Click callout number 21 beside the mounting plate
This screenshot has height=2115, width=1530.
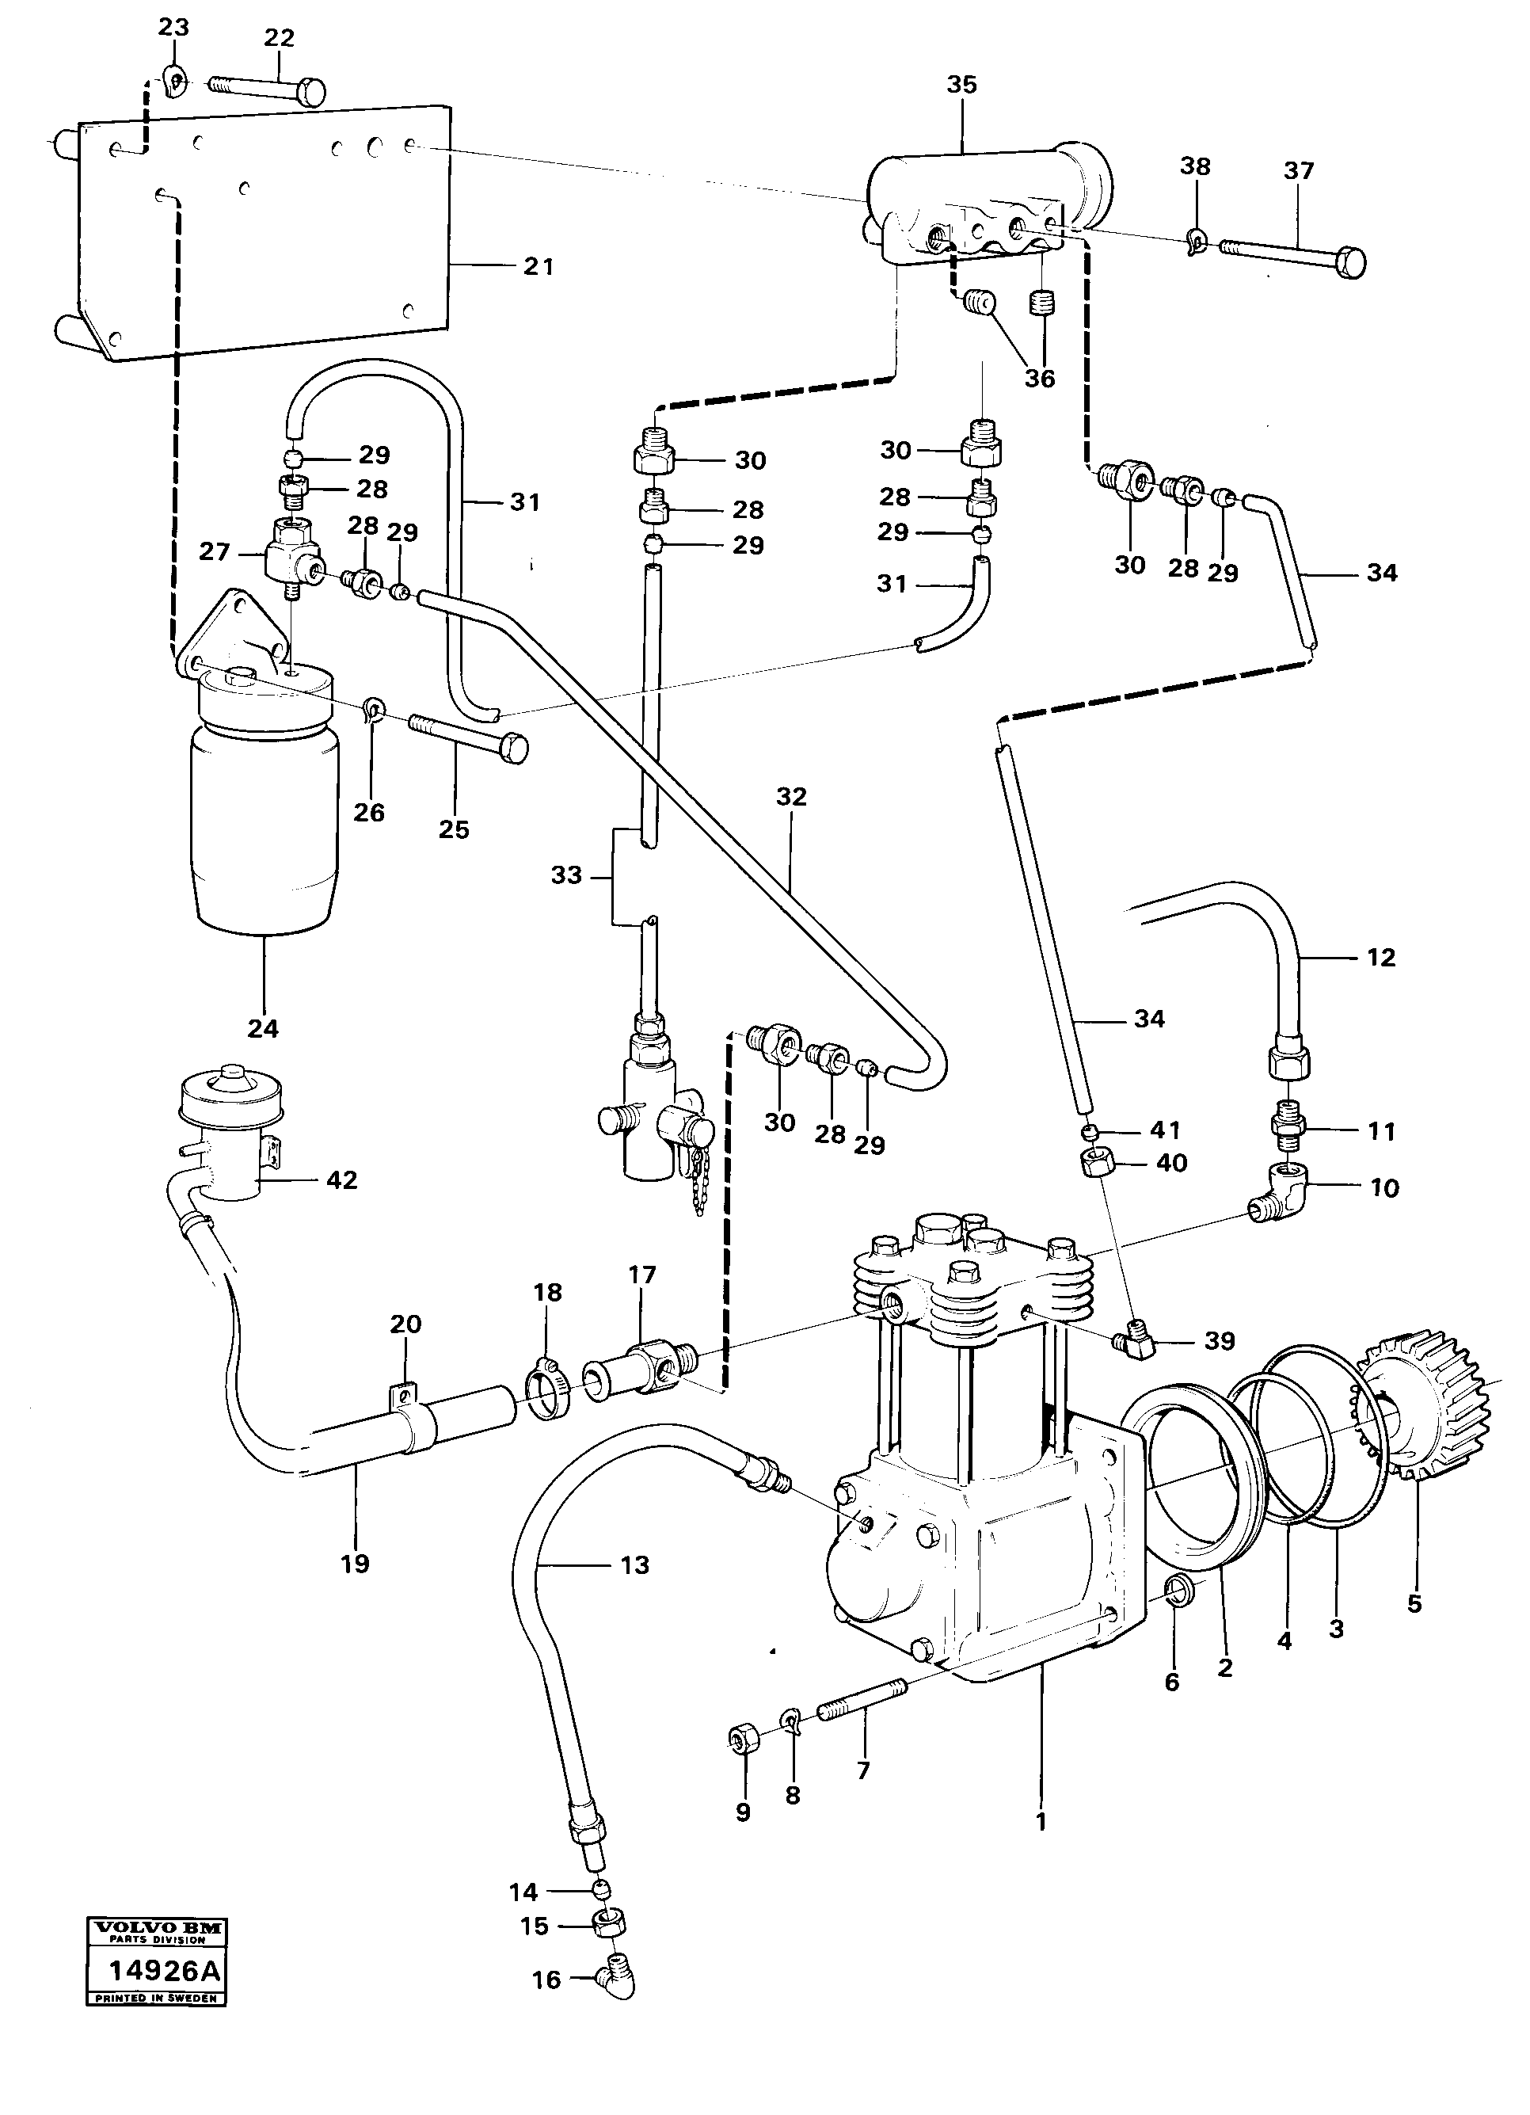(538, 266)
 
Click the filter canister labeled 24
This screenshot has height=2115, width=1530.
(264, 821)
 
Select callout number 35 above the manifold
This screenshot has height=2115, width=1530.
(961, 85)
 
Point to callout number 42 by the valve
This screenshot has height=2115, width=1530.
(341, 1179)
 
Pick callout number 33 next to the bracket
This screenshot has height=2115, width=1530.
(566, 875)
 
